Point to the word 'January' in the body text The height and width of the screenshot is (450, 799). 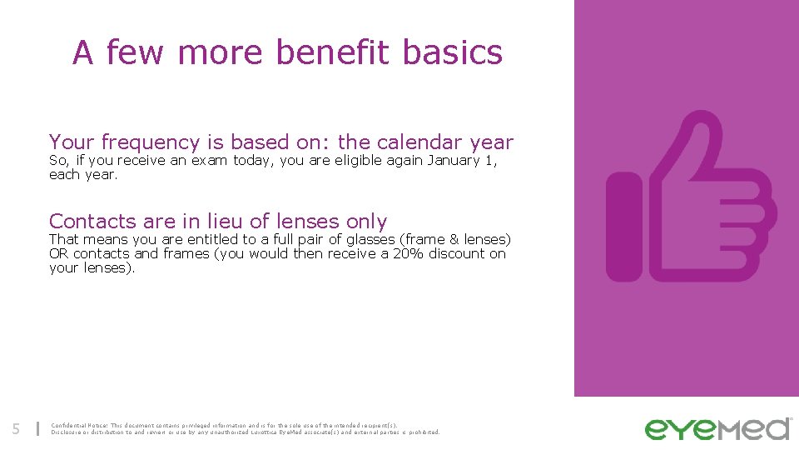tap(454, 160)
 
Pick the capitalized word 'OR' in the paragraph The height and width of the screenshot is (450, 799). tap(58, 253)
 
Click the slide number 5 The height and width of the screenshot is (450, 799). tap(16, 429)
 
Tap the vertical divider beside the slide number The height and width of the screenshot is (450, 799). tap(37, 429)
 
